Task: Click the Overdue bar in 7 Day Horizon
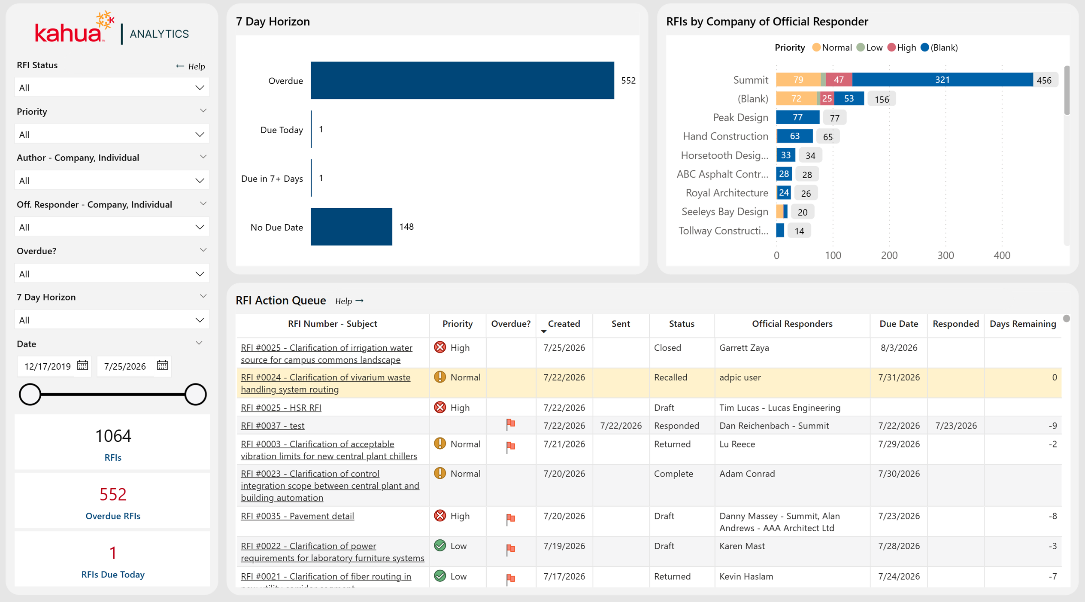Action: [462, 80]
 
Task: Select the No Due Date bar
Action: [351, 227]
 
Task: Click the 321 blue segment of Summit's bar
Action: [942, 80]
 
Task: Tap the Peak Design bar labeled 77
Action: [797, 117]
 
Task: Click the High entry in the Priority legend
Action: [901, 48]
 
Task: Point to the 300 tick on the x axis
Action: [945, 255]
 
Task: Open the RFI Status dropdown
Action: [112, 88]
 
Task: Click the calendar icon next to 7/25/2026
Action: [162, 365]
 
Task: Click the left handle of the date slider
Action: [30, 394]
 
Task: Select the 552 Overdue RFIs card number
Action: [113, 494]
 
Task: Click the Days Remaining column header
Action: [1023, 324]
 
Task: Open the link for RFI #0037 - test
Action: [273, 426]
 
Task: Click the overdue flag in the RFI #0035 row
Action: [510, 519]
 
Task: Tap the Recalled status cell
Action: [670, 377]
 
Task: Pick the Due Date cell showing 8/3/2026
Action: [899, 348]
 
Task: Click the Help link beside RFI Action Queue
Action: [349, 301]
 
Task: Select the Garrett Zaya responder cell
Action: [744, 348]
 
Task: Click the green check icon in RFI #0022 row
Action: [440, 545]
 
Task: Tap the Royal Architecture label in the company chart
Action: [727, 193]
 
